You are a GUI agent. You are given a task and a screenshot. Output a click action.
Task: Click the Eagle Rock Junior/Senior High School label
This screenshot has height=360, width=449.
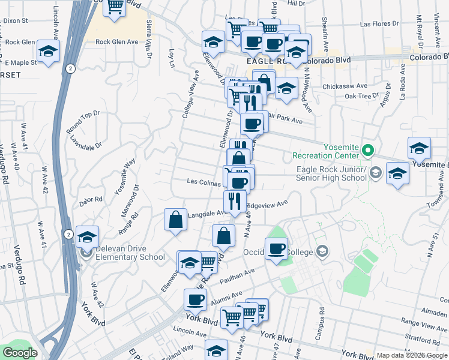click(331, 173)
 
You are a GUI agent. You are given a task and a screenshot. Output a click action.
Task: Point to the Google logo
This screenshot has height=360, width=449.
click(20, 353)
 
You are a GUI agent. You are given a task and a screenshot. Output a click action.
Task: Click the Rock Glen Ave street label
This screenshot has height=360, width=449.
click(117, 42)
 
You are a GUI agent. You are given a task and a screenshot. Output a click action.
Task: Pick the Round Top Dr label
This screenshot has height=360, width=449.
click(83, 122)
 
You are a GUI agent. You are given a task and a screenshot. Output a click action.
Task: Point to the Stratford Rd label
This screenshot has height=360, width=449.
click(426, 338)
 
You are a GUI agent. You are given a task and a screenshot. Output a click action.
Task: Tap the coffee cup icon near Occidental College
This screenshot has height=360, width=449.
click(276, 248)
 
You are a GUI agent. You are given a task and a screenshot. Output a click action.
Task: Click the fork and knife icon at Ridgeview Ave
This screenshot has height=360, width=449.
click(234, 200)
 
